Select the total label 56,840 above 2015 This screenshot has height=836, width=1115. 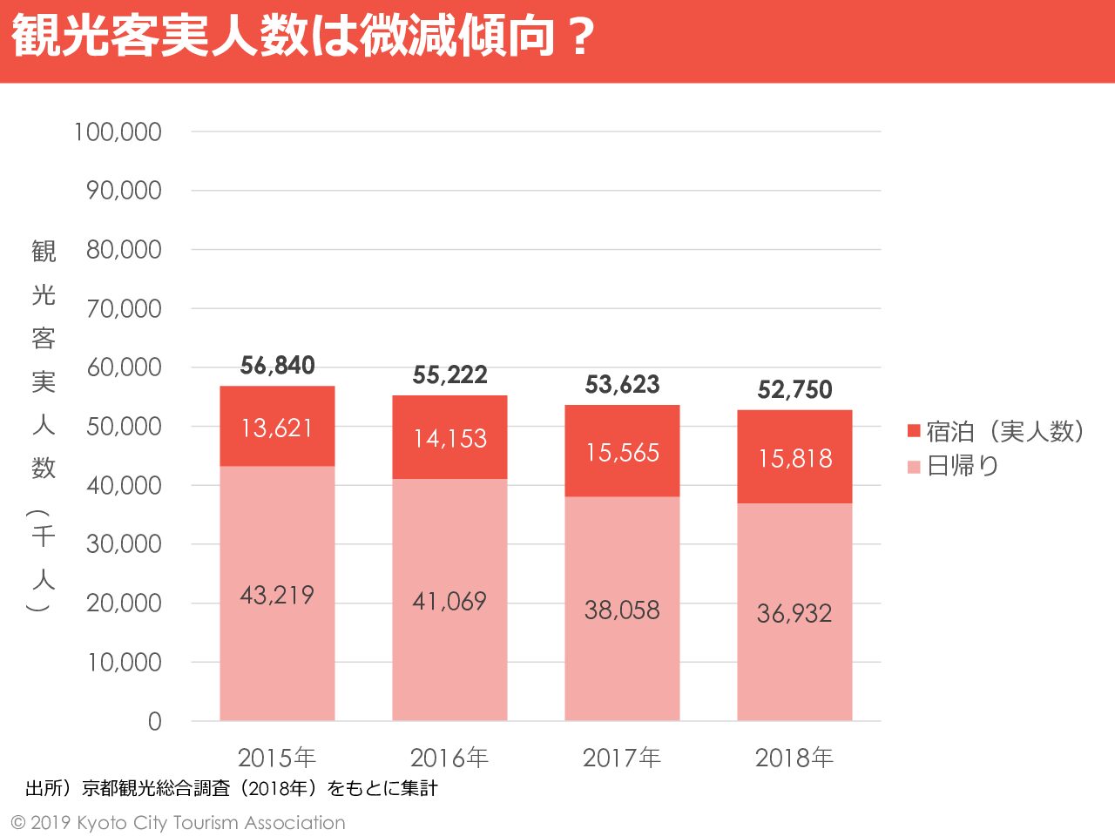[277, 366]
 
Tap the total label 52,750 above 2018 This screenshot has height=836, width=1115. [794, 390]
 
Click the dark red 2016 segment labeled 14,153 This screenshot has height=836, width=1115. [449, 438]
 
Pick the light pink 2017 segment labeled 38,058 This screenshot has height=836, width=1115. [622, 610]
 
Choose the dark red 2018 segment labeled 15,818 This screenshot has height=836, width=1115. [794, 458]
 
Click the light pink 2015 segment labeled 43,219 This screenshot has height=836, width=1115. [277, 595]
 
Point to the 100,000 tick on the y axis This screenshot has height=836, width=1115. [118, 132]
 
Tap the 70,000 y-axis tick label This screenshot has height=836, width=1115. [124, 309]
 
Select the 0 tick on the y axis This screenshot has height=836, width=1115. [154, 722]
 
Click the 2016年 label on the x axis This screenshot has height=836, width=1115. [449, 758]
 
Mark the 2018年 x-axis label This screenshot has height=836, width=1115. [794, 758]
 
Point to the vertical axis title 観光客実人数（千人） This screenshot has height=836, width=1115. [43, 427]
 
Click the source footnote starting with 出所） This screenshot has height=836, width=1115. [232, 789]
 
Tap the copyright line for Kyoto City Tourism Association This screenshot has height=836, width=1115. [178, 823]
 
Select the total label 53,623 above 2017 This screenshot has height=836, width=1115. [622, 385]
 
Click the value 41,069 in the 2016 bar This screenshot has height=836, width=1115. [449, 601]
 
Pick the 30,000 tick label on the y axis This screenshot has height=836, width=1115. [124, 545]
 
